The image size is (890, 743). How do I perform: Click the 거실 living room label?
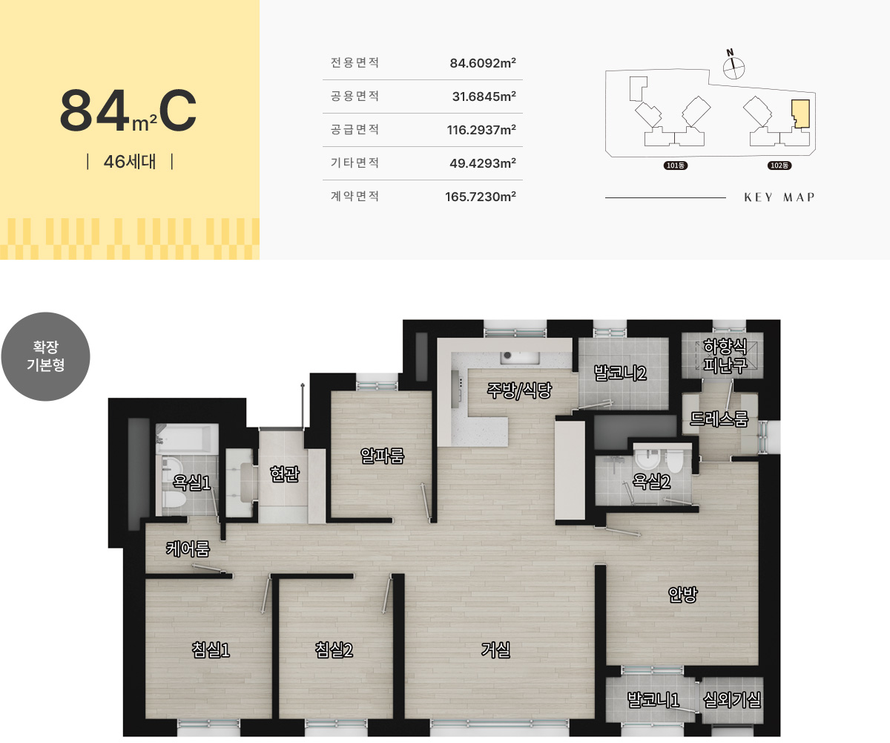(x=495, y=650)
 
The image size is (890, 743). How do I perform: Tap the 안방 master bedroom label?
(x=682, y=594)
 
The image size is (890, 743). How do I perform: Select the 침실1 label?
(x=211, y=649)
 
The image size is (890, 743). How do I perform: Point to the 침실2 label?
(x=334, y=649)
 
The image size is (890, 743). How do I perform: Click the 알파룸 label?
(x=382, y=456)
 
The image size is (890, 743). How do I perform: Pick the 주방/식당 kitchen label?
(x=519, y=390)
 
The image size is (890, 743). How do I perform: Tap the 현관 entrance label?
(x=285, y=474)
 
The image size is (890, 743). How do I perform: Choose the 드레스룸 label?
(x=719, y=419)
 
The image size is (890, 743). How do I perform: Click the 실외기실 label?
(x=731, y=700)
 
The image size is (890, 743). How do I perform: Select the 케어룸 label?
(x=188, y=549)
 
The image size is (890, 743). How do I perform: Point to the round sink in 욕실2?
(x=647, y=459)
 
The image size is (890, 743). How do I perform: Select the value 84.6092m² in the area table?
(x=483, y=63)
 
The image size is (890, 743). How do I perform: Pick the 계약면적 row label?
(x=355, y=196)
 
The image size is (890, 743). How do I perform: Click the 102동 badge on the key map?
(x=779, y=166)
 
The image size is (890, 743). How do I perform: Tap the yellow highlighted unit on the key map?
(x=801, y=114)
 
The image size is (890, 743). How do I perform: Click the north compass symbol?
(x=734, y=67)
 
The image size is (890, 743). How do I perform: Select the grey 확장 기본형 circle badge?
(x=45, y=356)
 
